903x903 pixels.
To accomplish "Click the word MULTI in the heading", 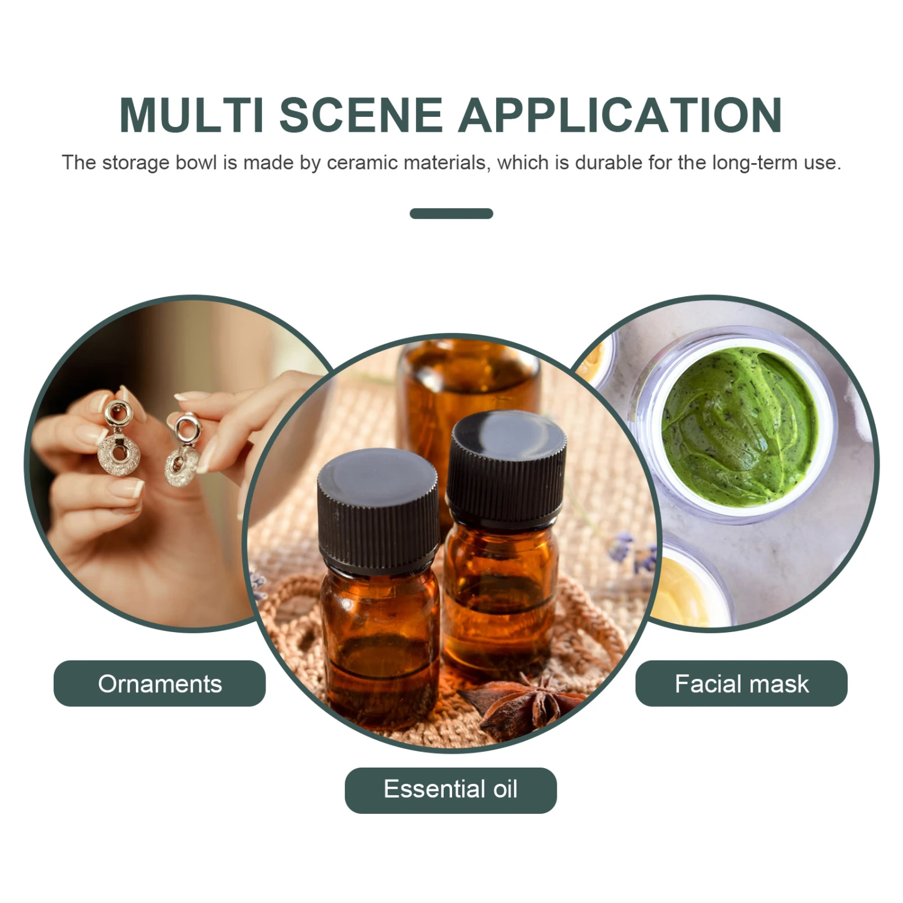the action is tap(191, 115).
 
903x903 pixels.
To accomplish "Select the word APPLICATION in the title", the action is tap(621, 115).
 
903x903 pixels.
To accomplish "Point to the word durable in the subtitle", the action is tap(609, 163).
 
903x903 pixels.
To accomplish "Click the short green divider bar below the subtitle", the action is tap(451, 214).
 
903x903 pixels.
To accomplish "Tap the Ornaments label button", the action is tap(160, 683).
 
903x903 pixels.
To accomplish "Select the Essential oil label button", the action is tap(451, 790).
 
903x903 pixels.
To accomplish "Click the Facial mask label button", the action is tap(742, 683).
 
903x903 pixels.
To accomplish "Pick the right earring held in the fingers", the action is tap(184, 449).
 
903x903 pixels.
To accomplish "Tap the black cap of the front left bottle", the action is tap(379, 509).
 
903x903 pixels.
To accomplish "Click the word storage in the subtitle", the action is tap(135, 163).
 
